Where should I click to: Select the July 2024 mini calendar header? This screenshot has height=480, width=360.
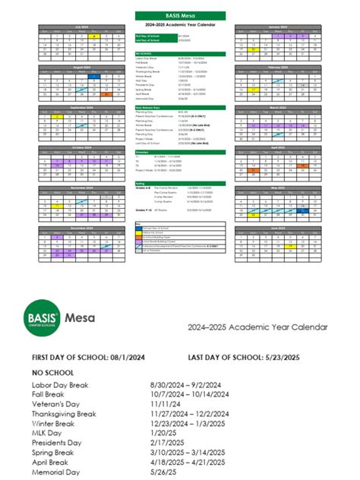tap(90, 26)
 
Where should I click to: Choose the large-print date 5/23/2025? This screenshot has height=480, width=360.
tap(277, 357)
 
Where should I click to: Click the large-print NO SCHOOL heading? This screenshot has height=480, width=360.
tap(52, 374)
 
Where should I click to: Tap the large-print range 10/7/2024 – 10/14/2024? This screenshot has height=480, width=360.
tap(194, 396)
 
